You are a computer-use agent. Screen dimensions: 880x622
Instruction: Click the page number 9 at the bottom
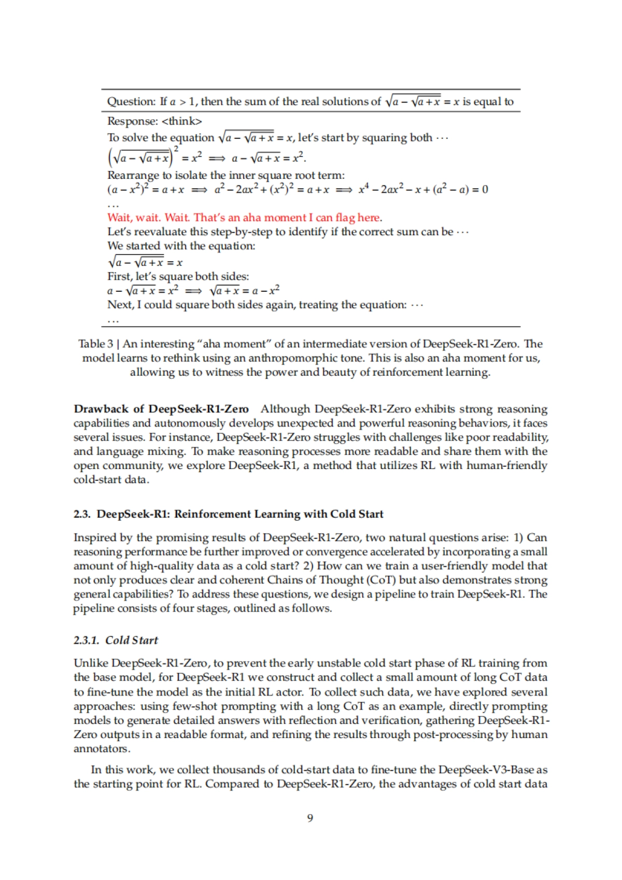(310, 818)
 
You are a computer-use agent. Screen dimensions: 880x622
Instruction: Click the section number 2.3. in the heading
(82, 514)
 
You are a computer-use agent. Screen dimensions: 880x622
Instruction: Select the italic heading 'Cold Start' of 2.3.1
(132, 640)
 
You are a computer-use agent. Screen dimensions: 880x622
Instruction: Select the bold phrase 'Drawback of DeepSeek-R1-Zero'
(161, 409)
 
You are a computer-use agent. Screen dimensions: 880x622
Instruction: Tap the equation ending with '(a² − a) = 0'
(422, 190)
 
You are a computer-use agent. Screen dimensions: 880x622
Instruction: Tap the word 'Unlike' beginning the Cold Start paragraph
(91, 663)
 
